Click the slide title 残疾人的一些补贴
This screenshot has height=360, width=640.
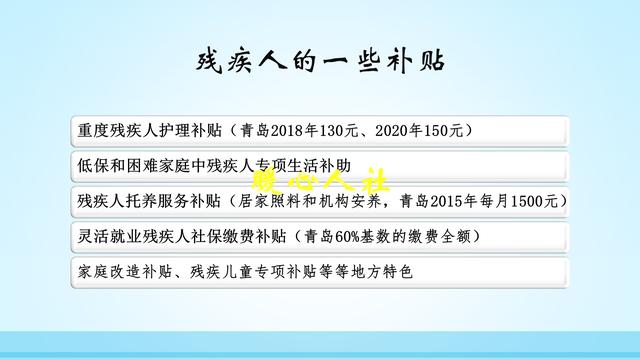point(319,61)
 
